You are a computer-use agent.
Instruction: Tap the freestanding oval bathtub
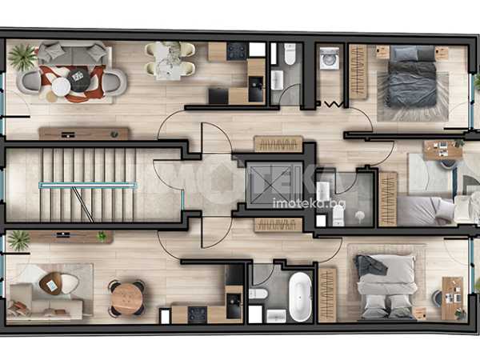[300, 297]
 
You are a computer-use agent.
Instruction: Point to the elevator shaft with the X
[274, 186]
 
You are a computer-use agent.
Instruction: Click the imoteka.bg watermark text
[309, 203]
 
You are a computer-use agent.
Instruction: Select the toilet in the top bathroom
[290, 54]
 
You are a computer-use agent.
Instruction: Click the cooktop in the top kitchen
[237, 51]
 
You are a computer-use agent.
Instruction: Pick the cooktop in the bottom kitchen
[198, 314]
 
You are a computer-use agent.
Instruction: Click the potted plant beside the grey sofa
[22, 57]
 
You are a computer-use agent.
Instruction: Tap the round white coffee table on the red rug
[62, 86]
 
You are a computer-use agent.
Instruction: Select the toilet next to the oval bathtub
[258, 294]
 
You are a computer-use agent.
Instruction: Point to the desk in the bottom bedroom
[453, 298]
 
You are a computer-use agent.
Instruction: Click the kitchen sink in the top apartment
[256, 89]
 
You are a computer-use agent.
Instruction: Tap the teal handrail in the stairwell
[88, 185]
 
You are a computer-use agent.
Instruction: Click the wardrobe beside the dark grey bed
[358, 72]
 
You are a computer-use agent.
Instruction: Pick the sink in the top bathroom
[277, 80]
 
